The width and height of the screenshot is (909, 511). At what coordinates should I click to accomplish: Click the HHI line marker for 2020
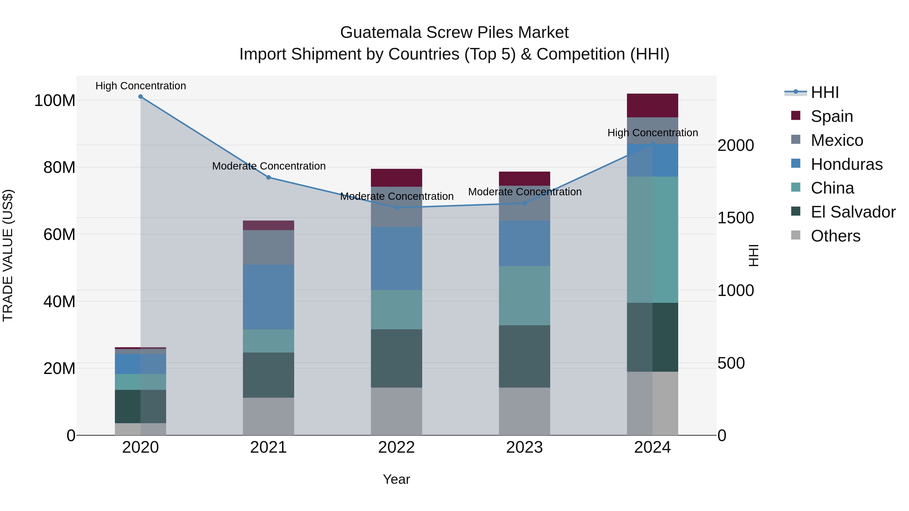140,97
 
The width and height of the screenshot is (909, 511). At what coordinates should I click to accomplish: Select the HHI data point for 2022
396,208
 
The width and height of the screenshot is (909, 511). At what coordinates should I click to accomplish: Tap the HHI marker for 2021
269,177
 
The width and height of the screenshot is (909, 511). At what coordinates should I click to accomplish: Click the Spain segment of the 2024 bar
652,105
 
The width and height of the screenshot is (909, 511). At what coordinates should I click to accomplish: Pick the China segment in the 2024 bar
652,240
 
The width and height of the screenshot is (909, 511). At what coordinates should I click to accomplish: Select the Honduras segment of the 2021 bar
269,297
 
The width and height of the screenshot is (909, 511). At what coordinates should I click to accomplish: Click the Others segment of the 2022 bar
396,411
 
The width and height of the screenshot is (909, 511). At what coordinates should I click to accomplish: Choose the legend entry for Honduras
846,164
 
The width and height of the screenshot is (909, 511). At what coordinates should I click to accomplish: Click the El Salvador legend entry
852,212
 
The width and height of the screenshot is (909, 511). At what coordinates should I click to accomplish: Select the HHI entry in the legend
824,92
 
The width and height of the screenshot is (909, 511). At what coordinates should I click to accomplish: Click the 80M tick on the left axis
59,168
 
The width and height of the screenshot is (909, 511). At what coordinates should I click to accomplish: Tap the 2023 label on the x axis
524,447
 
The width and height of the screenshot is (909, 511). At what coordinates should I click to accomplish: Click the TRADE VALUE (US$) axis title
8,255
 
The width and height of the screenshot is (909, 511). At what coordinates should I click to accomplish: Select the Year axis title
396,479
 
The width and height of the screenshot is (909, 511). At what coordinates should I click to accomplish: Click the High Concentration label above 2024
652,133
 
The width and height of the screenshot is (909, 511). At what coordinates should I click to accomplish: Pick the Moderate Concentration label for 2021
269,166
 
